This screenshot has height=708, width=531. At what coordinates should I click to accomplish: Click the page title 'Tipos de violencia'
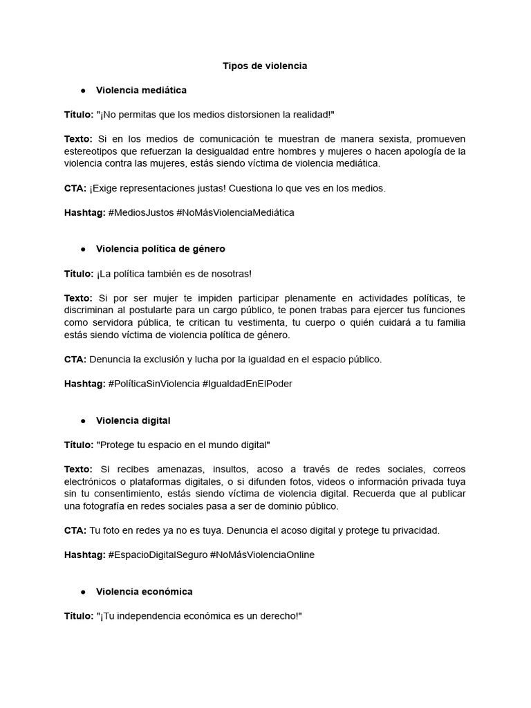pos(265,66)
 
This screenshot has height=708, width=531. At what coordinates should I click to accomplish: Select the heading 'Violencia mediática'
pos(141,90)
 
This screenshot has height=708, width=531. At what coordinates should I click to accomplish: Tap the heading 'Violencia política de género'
pos(160,248)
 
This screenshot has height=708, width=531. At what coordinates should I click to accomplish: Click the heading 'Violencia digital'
pos(133,420)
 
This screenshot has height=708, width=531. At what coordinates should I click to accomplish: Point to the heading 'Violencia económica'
pos(144,591)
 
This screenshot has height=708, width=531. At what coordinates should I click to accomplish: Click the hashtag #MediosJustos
pos(141,212)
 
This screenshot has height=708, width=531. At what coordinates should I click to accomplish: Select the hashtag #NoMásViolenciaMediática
pos(235,212)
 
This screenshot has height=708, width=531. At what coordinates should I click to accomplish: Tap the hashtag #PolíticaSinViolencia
pos(153,384)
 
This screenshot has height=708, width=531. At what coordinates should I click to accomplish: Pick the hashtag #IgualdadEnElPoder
pos(247,384)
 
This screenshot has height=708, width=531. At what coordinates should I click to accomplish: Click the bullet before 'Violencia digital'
pos(83,421)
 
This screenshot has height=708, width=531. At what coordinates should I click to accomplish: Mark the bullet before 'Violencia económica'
pos(83,592)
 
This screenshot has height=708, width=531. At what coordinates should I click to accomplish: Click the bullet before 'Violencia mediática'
pos(83,91)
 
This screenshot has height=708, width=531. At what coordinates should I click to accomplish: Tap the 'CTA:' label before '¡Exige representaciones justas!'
pos(75,188)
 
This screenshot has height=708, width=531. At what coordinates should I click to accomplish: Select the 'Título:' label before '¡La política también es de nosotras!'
pos(79,273)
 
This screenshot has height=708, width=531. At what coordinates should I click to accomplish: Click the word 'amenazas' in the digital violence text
pos(171,469)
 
